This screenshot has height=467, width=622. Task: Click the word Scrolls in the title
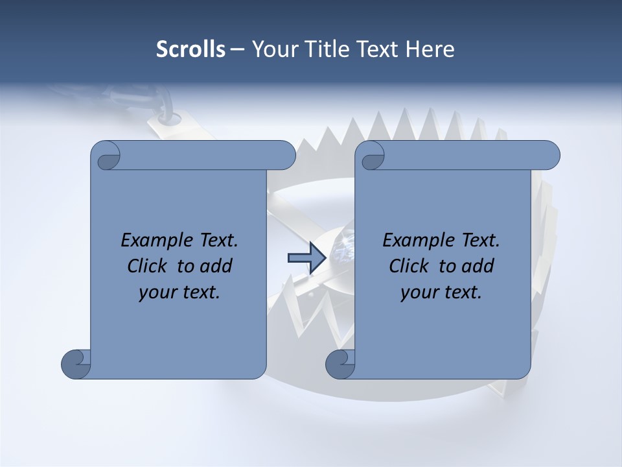click(x=190, y=49)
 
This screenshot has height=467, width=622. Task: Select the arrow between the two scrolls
click(x=301, y=258)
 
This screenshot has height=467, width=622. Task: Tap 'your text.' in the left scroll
click(x=179, y=293)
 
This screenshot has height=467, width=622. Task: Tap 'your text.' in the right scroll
click(x=441, y=293)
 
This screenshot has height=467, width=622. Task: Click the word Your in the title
click(x=274, y=49)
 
